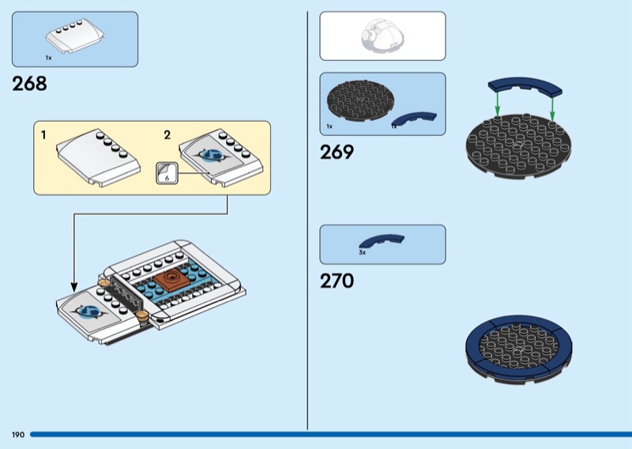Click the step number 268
[x=30, y=84]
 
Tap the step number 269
[x=337, y=153]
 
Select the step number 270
[x=337, y=281]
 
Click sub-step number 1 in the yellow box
[x=43, y=135]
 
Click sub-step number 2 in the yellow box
[x=167, y=135]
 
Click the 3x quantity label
[x=362, y=253]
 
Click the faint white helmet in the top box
[x=382, y=36]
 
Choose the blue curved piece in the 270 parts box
[x=382, y=240]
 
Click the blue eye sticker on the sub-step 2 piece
[x=211, y=156]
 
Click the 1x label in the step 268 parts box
[x=48, y=58]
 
